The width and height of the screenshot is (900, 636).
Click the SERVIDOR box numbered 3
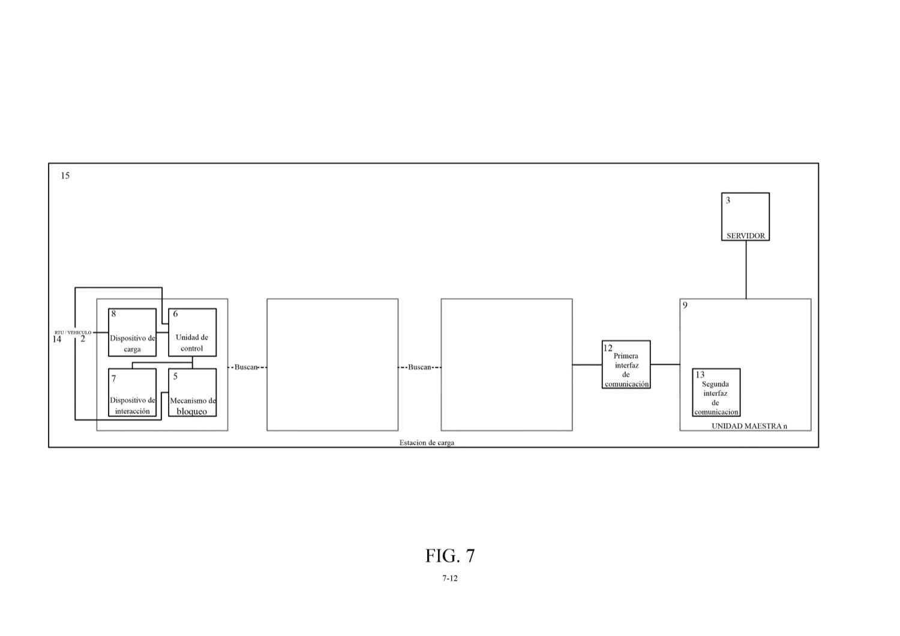745,217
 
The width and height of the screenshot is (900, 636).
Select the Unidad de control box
193,332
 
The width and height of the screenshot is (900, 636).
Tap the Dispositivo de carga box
132,332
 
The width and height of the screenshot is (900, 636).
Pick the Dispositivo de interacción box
132,392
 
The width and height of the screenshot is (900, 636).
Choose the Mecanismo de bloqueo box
193,392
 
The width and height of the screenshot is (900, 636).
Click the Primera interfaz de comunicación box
626,364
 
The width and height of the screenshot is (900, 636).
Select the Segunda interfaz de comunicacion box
716,392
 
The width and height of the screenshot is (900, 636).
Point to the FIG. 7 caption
450,556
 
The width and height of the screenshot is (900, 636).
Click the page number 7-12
450,578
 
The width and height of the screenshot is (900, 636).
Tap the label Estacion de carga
427,442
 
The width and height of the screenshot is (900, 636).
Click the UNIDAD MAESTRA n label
749,426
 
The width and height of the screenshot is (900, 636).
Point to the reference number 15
65,176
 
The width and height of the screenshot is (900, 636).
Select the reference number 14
56,339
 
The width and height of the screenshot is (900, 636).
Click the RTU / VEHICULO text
73,332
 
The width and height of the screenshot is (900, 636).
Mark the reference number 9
685,305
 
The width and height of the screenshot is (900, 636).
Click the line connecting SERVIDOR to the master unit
746,269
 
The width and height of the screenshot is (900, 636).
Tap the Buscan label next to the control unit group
246,367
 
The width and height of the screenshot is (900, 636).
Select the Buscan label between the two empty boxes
419,367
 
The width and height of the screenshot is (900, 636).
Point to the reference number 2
83,338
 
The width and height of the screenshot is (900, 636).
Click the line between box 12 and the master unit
665,364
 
